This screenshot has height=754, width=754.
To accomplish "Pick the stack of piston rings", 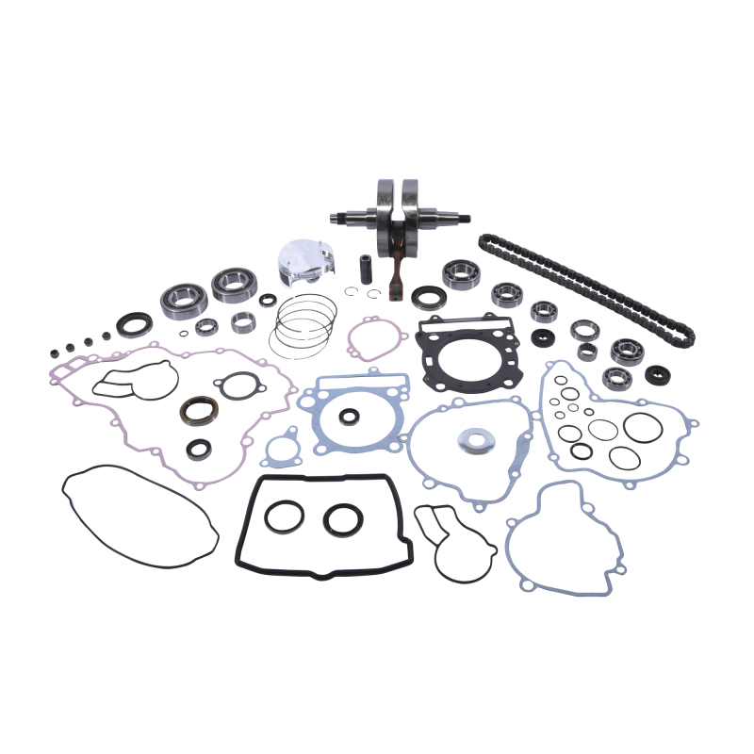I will point(303,325).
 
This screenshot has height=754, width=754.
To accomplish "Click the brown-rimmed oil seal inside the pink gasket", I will point(199,410).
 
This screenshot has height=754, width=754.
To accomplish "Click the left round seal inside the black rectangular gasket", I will point(285,516).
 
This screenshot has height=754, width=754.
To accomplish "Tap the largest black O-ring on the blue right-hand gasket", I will point(643,426).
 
